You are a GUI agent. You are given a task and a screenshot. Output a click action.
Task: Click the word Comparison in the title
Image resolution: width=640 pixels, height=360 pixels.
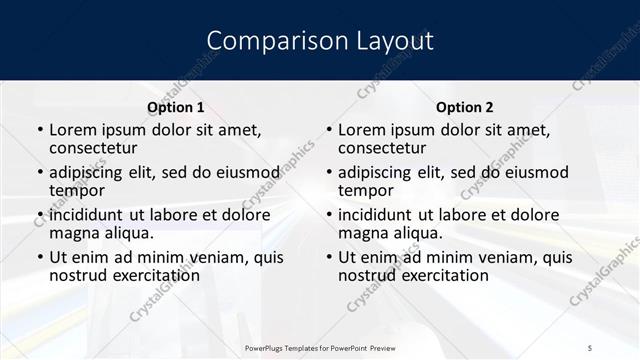click(263, 41)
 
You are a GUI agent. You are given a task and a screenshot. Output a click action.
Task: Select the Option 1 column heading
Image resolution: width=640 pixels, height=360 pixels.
click(175, 106)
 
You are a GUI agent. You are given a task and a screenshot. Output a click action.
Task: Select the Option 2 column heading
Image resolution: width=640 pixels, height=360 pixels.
click(464, 106)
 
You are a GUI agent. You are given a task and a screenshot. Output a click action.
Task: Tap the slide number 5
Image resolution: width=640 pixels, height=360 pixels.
click(592, 347)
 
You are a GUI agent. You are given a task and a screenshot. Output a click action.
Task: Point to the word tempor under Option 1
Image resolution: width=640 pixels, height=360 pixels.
click(76, 190)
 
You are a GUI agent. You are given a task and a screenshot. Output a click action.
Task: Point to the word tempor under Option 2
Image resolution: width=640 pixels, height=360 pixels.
click(365, 190)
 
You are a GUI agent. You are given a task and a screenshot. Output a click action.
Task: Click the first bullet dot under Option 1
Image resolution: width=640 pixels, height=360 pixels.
click(39, 131)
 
